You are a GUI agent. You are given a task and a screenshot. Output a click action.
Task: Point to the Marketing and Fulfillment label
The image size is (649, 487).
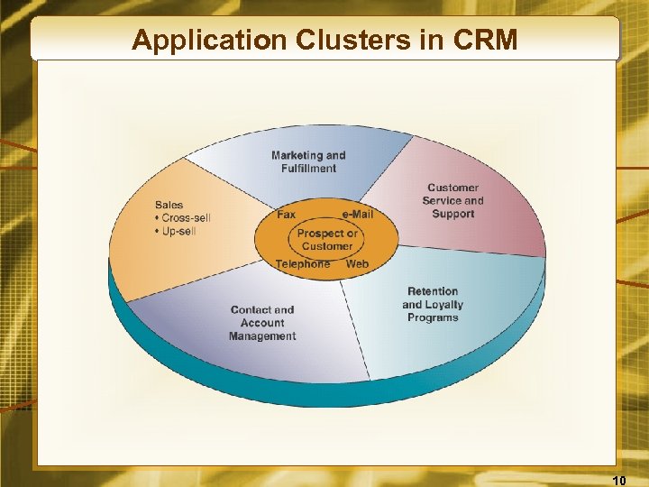pyautogui.click(x=308, y=161)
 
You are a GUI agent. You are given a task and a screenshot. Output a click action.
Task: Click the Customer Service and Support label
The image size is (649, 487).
pyautogui.click(x=452, y=201)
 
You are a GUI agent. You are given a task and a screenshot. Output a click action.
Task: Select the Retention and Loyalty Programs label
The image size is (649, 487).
pyautogui.click(x=433, y=305)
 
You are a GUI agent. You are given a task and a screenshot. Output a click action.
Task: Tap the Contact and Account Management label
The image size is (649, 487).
pyautogui.click(x=262, y=323)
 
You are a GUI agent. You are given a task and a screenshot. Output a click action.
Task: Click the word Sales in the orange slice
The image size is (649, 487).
pyautogui.click(x=169, y=205)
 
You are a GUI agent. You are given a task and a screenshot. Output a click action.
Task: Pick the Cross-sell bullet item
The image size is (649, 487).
pyautogui.click(x=186, y=218)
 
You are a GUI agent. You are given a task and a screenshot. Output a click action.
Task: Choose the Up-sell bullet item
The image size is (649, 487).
pyautogui.click(x=178, y=232)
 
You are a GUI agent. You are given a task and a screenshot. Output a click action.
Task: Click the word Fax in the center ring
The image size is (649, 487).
pyautogui.click(x=287, y=215)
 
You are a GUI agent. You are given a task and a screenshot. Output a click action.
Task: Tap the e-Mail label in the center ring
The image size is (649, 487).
pyautogui.click(x=358, y=215)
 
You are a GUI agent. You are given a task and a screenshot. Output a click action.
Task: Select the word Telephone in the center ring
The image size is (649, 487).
pyautogui.click(x=303, y=264)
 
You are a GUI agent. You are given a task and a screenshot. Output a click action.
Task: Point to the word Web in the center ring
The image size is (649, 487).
pyautogui.click(x=358, y=264)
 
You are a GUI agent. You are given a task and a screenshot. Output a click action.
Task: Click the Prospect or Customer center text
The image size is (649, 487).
pyautogui.click(x=327, y=239)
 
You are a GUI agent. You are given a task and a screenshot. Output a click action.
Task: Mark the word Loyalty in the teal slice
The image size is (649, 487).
pyautogui.click(x=444, y=305)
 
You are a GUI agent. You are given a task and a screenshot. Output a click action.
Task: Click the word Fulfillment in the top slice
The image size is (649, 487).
pyautogui.click(x=308, y=169)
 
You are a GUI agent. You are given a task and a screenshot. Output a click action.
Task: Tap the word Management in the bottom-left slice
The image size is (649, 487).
pyautogui.click(x=262, y=336)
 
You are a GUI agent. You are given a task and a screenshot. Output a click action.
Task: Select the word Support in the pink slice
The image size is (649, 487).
pyautogui.click(x=452, y=215)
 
